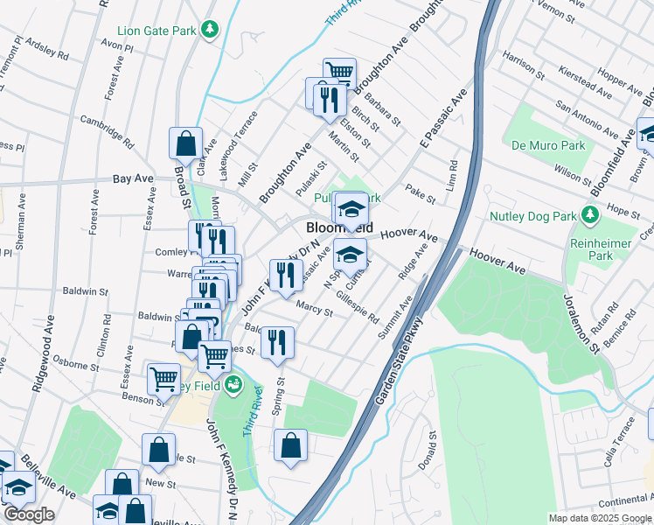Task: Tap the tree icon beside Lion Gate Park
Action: [209, 31]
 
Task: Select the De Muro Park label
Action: [539, 144]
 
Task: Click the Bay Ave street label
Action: [133, 178]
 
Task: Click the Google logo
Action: [28, 514]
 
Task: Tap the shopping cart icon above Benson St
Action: [163, 380]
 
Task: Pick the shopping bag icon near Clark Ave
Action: [186, 143]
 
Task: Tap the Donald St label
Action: [428, 450]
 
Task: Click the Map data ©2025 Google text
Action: [600, 518]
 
